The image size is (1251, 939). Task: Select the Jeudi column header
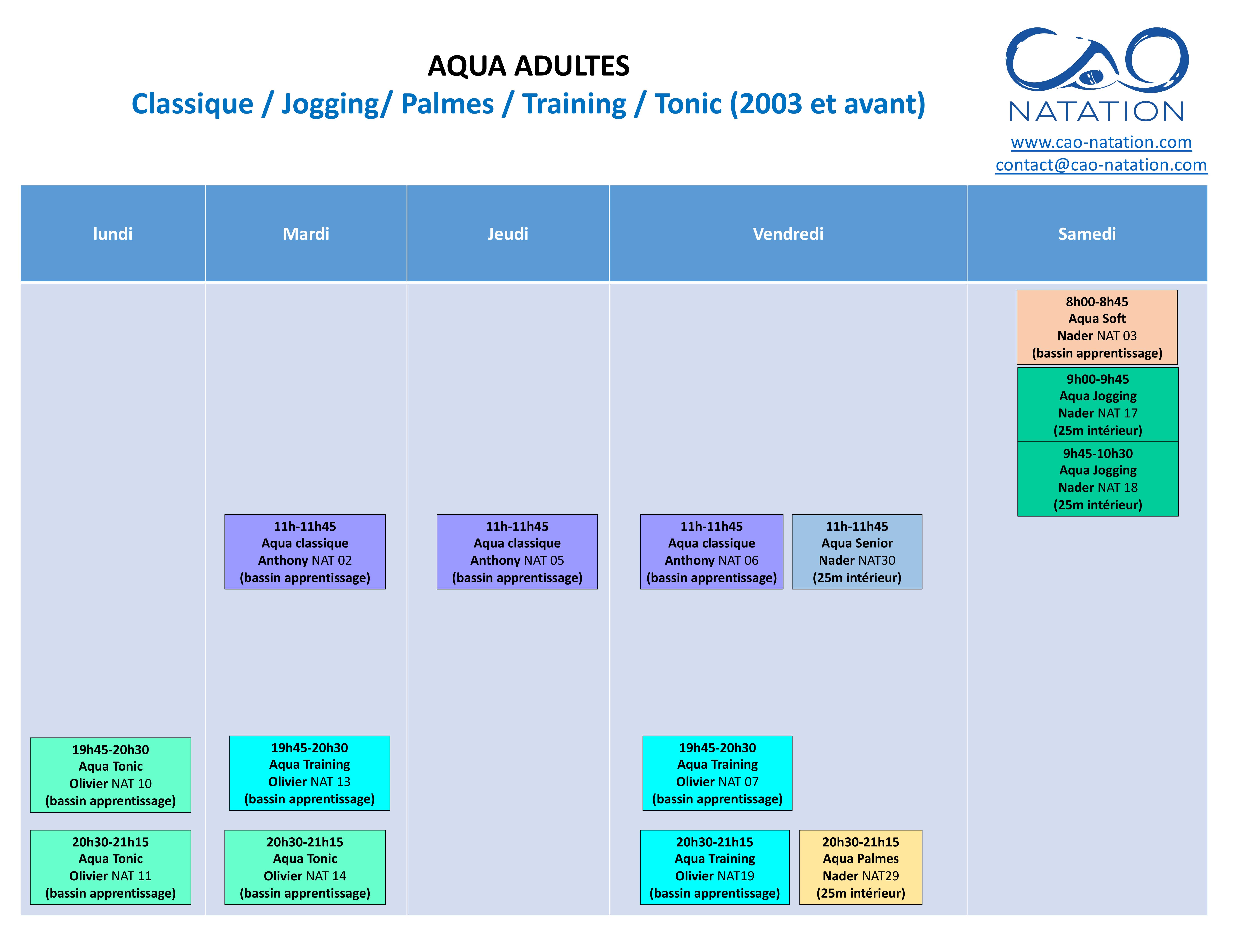coord(508,234)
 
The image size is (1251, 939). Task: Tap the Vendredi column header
coord(788,234)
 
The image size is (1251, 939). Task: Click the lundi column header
coord(113,234)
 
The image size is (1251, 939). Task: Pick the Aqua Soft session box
coord(1097,327)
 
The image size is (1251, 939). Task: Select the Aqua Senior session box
coord(857,551)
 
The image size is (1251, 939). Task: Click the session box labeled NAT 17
coord(1098,404)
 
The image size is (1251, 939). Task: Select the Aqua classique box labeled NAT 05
coord(517,551)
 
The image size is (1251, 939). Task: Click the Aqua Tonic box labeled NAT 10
coord(110,775)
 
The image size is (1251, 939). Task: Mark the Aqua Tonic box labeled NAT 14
coord(305,867)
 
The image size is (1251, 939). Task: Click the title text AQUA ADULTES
coord(528,66)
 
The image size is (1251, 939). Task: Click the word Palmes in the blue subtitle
coord(447,104)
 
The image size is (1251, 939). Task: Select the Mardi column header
coord(306,234)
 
